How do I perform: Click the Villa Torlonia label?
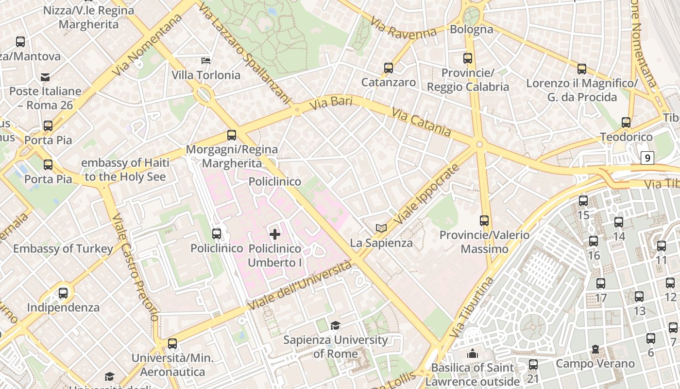click(x=206, y=75)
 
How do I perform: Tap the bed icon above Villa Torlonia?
click(x=206, y=60)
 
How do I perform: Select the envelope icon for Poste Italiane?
click(x=45, y=77)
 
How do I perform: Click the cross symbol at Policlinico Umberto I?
click(x=275, y=234)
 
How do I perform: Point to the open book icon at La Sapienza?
click(x=381, y=228)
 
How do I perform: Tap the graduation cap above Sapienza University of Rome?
click(x=335, y=325)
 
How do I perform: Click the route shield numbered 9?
click(x=647, y=158)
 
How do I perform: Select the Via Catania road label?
click(x=421, y=123)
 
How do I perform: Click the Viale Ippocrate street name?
click(x=427, y=194)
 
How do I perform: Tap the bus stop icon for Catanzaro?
click(x=389, y=68)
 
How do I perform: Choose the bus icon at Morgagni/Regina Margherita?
click(x=232, y=135)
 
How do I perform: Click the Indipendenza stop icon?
click(x=63, y=293)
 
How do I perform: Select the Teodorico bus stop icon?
click(x=626, y=123)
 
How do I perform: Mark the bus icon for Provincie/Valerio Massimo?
click(x=484, y=221)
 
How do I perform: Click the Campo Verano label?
click(x=595, y=363)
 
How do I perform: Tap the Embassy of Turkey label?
click(x=63, y=248)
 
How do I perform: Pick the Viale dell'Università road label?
click(x=300, y=285)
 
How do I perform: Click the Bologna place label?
click(x=471, y=29)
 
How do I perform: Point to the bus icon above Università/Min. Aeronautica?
click(x=172, y=344)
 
